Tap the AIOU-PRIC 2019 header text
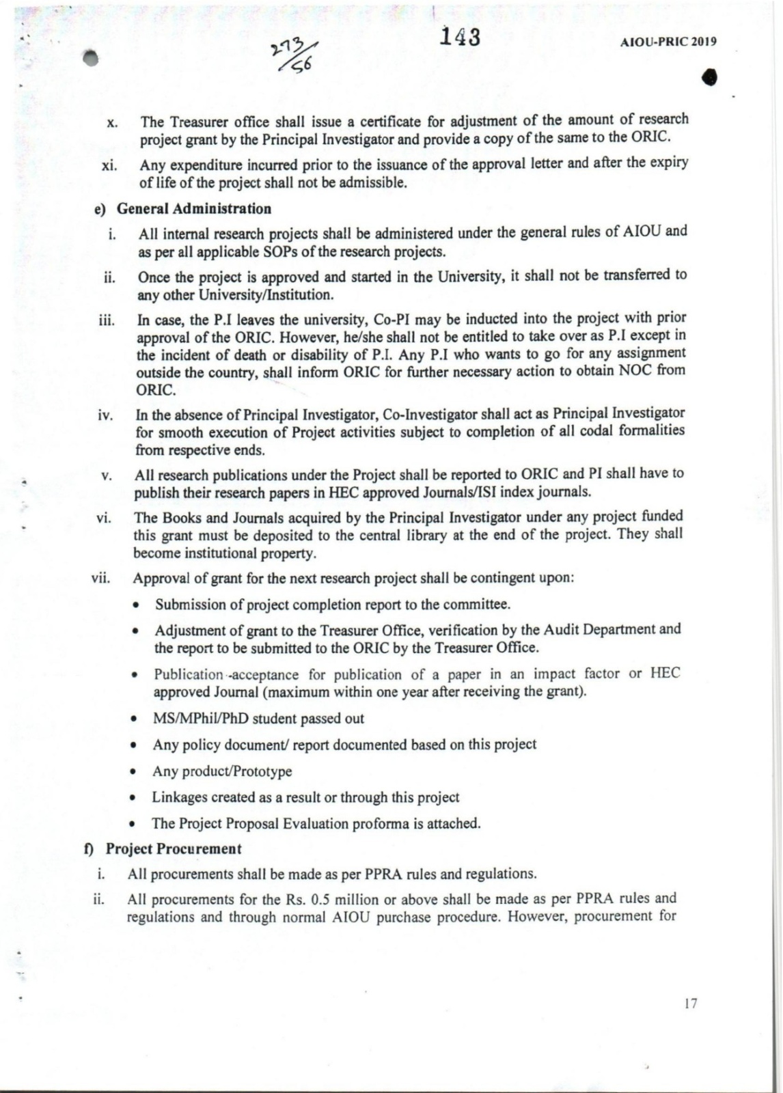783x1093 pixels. click(x=668, y=42)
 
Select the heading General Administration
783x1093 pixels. click(x=194, y=208)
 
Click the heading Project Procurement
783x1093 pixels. click(x=174, y=849)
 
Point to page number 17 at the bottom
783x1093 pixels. click(x=690, y=1004)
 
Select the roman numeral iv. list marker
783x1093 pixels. click(x=105, y=415)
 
